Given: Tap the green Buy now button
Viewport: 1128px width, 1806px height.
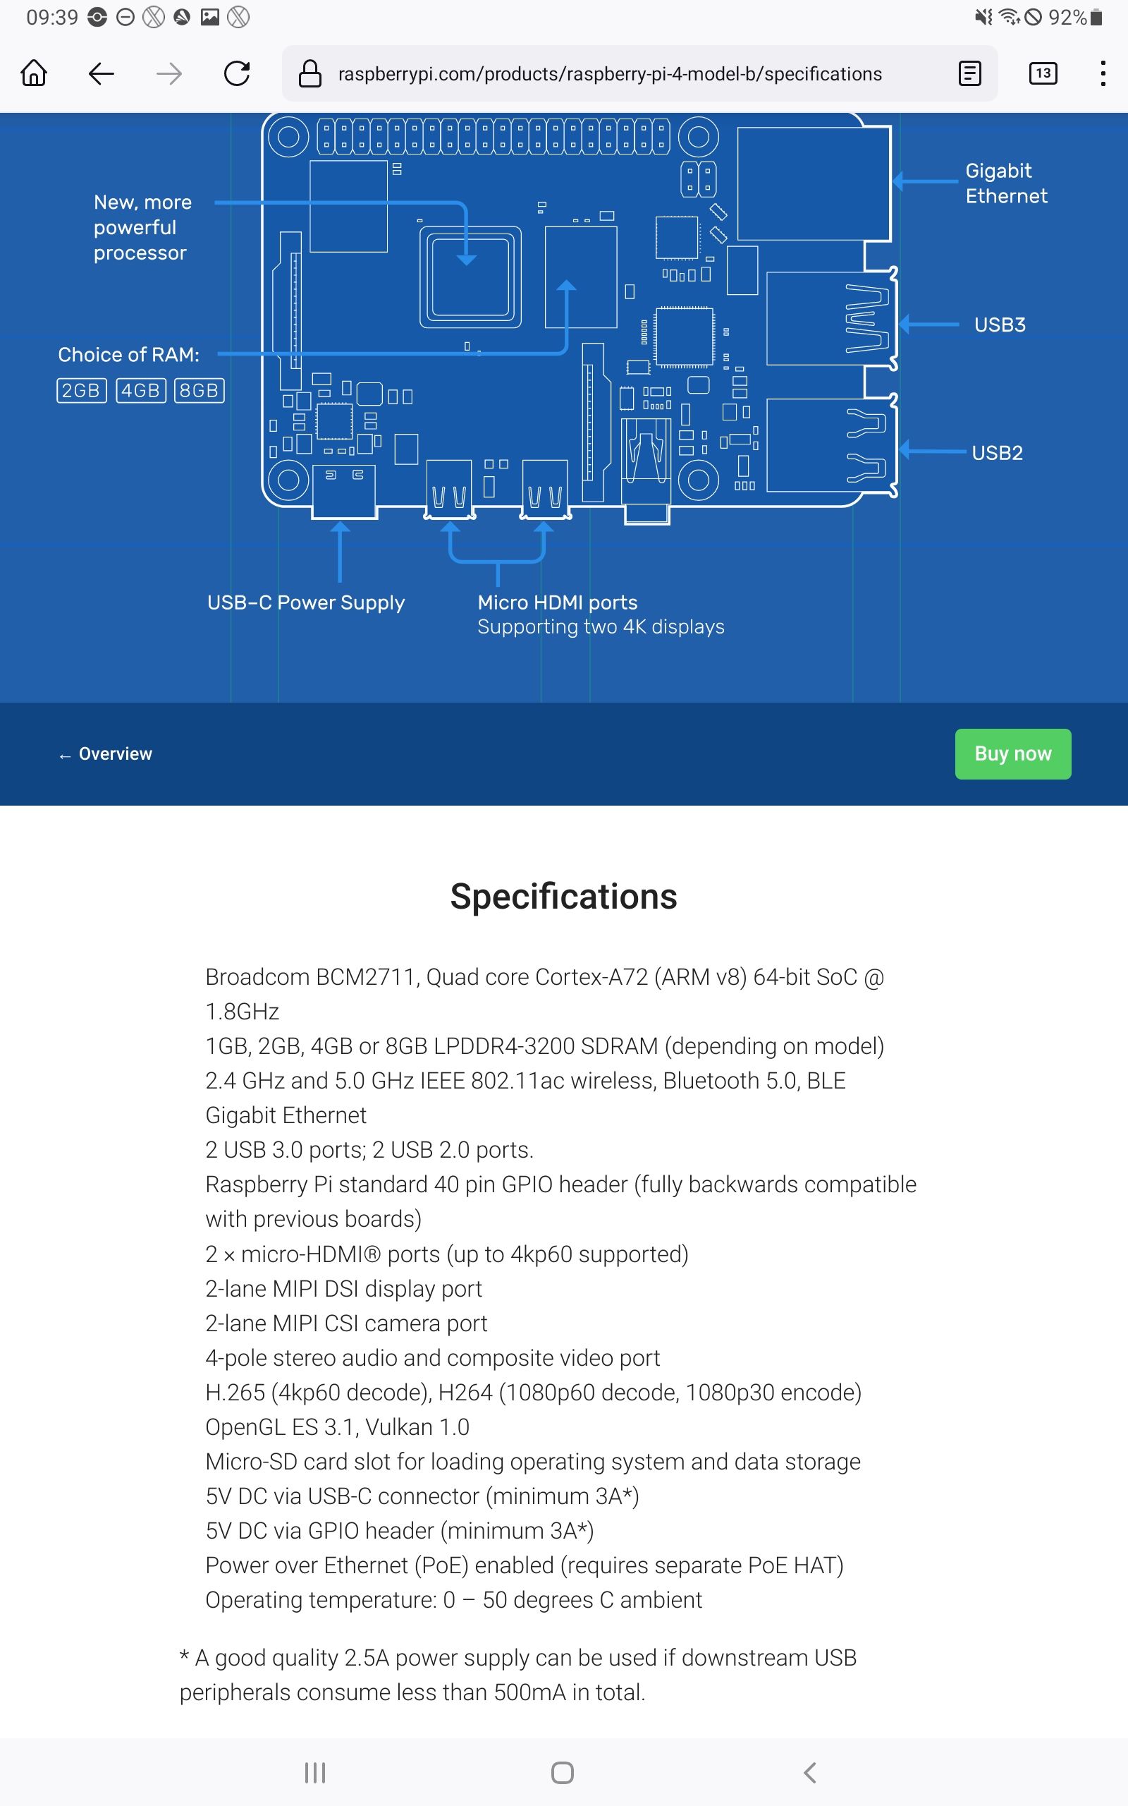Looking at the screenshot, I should click(x=1012, y=753).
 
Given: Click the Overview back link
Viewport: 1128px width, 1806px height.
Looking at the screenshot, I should click(x=106, y=754).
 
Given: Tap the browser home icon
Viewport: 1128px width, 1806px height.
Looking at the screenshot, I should click(x=35, y=74).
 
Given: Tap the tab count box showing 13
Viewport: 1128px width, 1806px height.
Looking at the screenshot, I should click(x=1042, y=74).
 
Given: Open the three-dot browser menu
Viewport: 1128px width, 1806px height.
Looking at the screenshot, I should click(x=1103, y=74).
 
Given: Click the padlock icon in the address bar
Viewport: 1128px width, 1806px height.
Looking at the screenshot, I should click(x=309, y=74).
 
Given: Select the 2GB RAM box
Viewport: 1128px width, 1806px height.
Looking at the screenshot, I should click(x=81, y=390).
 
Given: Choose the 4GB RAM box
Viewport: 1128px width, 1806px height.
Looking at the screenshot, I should click(x=140, y=390).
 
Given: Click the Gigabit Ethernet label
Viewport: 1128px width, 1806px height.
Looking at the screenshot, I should click(x=1005, y=183).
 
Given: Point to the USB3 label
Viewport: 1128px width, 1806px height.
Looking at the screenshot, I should click(x=1000, y=325).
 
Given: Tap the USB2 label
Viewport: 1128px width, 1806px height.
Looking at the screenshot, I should click(x=997, y=453).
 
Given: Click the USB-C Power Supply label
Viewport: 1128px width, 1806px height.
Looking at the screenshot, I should click(x=306, y=603).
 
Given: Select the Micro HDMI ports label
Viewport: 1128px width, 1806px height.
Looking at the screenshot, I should click(x=557, y=603).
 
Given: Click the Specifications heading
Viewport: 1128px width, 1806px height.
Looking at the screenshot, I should click(x=563, y=896).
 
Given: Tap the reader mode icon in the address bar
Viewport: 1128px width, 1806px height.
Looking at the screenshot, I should click(x=969, y=74).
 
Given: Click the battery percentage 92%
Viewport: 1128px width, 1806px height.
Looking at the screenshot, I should click(x=1067, y=17).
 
